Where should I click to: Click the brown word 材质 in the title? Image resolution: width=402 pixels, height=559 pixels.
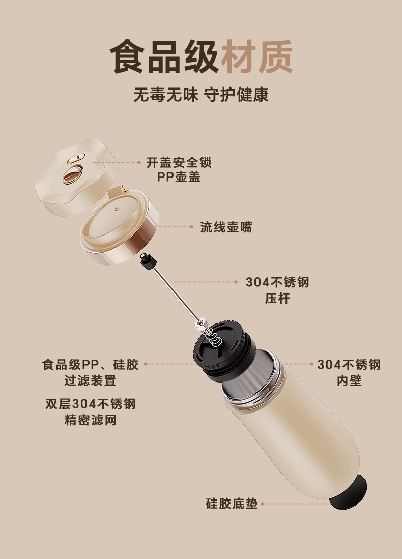[x=257, y=57]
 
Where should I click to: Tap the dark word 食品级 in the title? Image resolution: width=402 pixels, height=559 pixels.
[x=164, y=57]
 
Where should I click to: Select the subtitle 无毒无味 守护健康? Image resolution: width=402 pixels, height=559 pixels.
[x=201, y=95]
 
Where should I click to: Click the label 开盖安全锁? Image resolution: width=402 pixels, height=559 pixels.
[x=179, y=163]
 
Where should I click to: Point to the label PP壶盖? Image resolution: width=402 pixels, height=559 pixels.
[x=179, y=177]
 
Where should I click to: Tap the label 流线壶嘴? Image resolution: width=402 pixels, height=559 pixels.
[x=226, y=227]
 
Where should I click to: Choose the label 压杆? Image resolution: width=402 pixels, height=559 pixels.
[x=277, y=299]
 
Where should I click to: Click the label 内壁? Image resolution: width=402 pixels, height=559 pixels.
[x=349, y=381]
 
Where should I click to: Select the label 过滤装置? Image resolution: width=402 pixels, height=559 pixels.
[x=90, y=381]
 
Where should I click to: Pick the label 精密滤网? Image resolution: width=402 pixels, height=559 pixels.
[x=91, y=420]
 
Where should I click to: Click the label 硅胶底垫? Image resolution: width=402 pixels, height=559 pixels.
[x=232, y=504]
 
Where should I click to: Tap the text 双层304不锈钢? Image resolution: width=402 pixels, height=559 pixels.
[x=91, y=404]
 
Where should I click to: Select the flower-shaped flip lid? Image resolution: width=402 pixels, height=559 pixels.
[x=77, y=176]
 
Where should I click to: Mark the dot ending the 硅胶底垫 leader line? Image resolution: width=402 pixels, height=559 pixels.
[x=262, y=504]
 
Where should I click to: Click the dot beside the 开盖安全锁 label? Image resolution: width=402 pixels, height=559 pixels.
[x=139, y=162]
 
